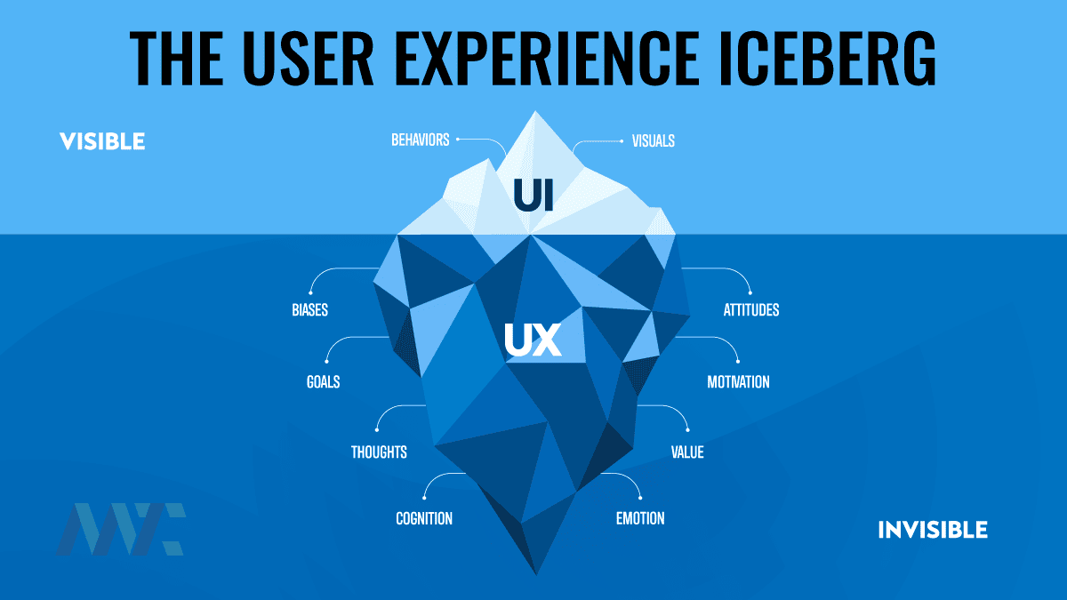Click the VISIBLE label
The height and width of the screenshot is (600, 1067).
pos(102,141)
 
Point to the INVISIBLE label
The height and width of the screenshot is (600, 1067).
pos(933,530)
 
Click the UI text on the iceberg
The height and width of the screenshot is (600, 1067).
pos(533,196)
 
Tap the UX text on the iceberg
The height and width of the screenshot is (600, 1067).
pos(533,340)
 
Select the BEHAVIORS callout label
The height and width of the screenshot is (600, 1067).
pos(420,140)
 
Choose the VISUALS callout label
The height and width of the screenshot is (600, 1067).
pos(654,140)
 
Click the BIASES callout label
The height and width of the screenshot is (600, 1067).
pos(309,310)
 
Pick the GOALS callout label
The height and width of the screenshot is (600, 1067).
pos(322,382)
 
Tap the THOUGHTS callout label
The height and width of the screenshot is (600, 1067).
pos(379,452)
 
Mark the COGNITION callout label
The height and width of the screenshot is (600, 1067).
pos(424,518)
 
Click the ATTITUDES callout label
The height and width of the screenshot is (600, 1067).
pos(750,310)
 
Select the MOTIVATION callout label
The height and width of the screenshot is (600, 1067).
pos(738,382)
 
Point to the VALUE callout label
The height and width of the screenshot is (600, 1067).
pos(686,452)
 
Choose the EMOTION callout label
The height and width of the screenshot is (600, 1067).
pos(640,518)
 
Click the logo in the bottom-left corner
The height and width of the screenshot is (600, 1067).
pos(121,529)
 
